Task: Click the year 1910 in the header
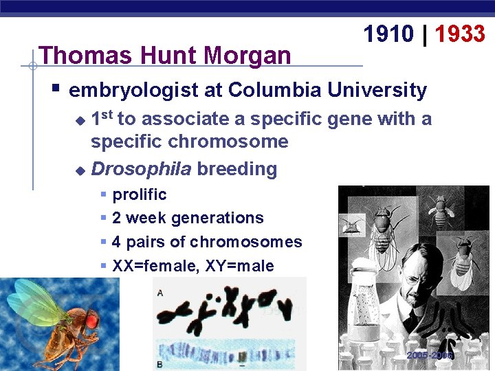[x=389, y=33]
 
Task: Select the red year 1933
[x=460, y=33]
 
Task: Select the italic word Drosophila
[x=140, y=168]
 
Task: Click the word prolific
[x=140, y=194]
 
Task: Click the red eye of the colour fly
[x=91, y=319]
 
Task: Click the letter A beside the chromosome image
[x=160, y=293]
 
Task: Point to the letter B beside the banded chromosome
[x=160, y=364]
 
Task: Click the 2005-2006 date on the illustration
[x=430, y=356]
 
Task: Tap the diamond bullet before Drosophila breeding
[x=80, y=169]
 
